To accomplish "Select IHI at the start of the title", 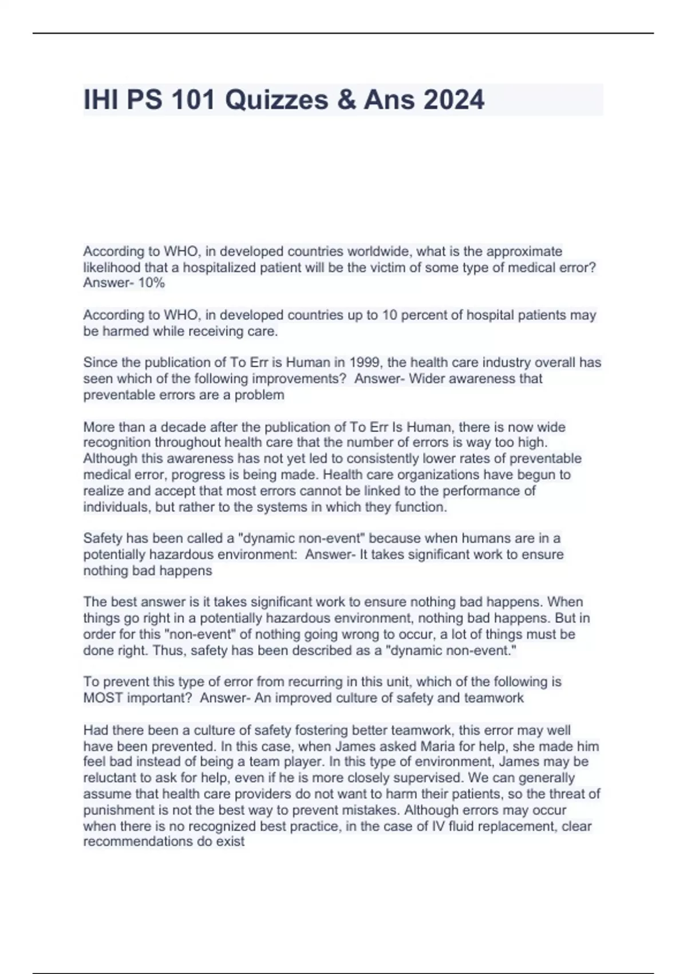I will (101, 100).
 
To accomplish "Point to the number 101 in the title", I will (194, 100).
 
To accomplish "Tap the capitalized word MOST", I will (103, 698).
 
